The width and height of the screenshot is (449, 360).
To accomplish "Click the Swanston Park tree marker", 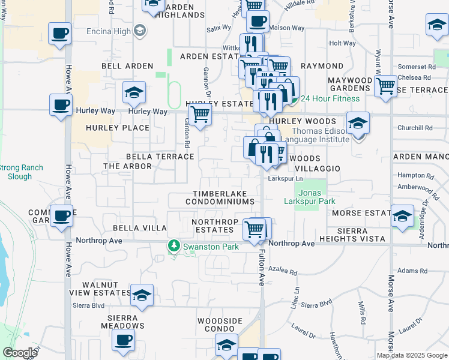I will point(173,246).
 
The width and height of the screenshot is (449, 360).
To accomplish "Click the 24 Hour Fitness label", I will point(330,98).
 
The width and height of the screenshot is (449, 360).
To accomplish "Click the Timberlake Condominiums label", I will point(224,198).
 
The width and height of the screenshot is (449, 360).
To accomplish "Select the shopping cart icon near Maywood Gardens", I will point(385,86).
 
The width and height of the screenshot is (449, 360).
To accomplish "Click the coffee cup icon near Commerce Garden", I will point(61,215).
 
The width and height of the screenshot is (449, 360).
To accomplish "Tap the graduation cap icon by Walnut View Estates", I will point(142,295).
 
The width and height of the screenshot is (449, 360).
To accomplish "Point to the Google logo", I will point(20,353).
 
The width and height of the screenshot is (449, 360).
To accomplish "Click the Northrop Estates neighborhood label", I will point(212,226).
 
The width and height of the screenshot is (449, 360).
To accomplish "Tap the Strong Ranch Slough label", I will point(21,172).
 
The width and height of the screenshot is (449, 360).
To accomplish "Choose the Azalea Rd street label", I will point(283,272).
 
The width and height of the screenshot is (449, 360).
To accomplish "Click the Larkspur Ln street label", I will point(286,179).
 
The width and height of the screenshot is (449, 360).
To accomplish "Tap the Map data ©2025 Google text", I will point(412,355).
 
